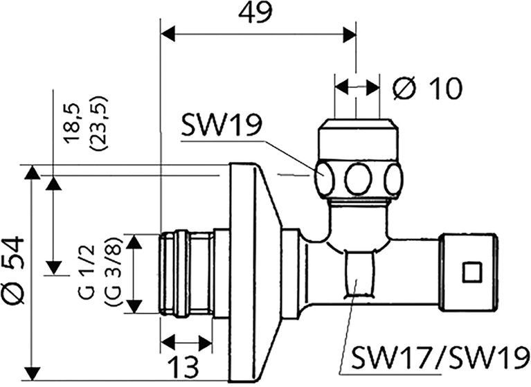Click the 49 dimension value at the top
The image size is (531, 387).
click(x=255, y=14)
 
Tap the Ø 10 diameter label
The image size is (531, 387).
click(x=427, y=88)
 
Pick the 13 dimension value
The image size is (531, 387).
click(x=184, y=367)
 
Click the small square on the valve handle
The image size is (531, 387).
click(x=472, y=272)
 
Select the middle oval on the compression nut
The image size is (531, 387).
click(x=359, y=179)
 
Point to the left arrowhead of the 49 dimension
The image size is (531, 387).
click(x=168, y=34)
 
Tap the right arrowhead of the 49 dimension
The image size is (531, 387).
click(x=350, y=34)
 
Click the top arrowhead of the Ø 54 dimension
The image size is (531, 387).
click(x=32, y=172)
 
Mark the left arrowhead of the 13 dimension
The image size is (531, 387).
click(x=168, y=343)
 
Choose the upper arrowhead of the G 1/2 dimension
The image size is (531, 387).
click(x=134, y=241)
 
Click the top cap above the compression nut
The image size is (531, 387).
click(x=359, y=139)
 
